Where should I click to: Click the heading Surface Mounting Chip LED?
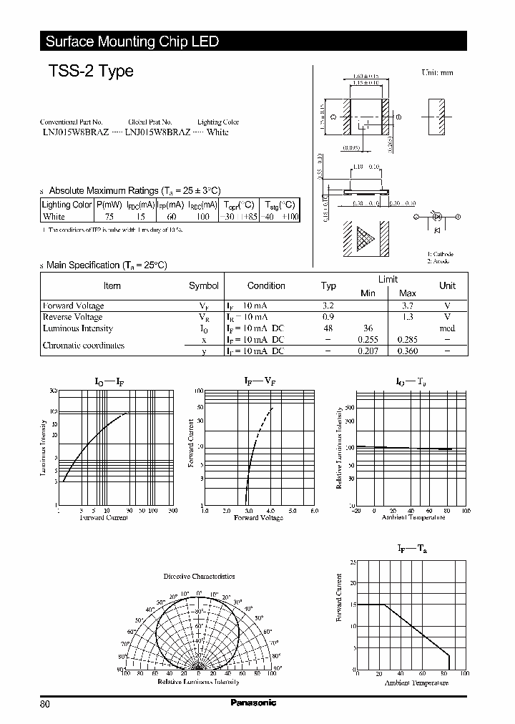[132, 41]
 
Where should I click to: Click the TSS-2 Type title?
[91, 72]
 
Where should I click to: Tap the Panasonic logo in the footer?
[253, 703]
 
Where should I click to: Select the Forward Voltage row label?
[73, 305]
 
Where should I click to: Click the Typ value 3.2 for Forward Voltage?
[328, 305]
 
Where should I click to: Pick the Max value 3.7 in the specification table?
[407, 305]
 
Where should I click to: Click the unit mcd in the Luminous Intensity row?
[447, 328]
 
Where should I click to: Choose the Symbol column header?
[204, 285]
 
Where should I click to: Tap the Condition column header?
[265, 285]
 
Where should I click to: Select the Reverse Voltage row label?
[72, 317]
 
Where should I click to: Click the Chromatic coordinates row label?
[83, 345]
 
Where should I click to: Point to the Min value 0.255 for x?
[368, 340]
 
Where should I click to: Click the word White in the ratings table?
[54, 216]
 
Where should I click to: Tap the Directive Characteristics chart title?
[199, 576]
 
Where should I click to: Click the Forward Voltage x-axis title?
[258, 517]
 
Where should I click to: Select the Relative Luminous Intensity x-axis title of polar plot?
[198, 682]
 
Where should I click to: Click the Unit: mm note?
[437, 72]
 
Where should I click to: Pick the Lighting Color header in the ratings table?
[67, 205]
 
